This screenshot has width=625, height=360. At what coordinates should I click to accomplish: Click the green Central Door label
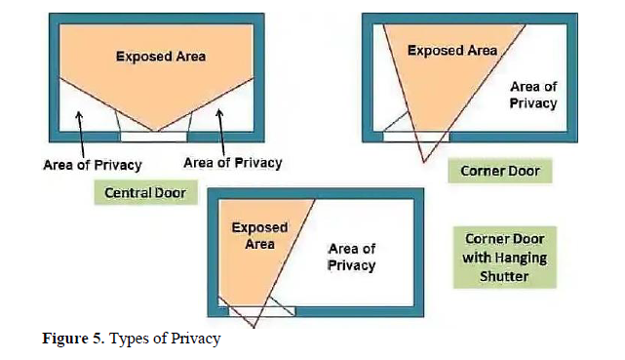point(146,192)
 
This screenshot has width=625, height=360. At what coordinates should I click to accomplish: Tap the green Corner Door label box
point(500,171)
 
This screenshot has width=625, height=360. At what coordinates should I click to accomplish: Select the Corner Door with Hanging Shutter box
point(505,258)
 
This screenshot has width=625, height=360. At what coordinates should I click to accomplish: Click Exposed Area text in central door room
point(161,57)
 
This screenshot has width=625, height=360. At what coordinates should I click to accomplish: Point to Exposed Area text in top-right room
point(452,51)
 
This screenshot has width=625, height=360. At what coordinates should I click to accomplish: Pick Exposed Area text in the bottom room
point(260,236)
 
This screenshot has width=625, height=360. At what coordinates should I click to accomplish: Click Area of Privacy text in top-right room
point(533,95)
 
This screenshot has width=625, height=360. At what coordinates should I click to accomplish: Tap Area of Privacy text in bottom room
point(352,258)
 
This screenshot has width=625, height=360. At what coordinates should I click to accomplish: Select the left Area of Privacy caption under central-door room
point(93,165)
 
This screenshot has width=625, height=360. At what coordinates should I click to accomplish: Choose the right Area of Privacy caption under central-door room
point(233,163)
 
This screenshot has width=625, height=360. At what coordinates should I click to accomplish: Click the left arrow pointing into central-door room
point(81,135)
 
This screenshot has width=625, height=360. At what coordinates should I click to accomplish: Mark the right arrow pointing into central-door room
point(220,132)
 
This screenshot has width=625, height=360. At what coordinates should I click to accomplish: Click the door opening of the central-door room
point(154,137)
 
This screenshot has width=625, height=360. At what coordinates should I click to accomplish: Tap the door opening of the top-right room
point(416,137)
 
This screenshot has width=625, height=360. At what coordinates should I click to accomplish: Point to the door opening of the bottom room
point(262,311)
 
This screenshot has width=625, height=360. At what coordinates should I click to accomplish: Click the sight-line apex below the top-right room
point(424,162)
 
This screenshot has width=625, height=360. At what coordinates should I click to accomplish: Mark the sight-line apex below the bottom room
point(254,328)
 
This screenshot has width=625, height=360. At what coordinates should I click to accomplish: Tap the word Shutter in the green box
point(504,276)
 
